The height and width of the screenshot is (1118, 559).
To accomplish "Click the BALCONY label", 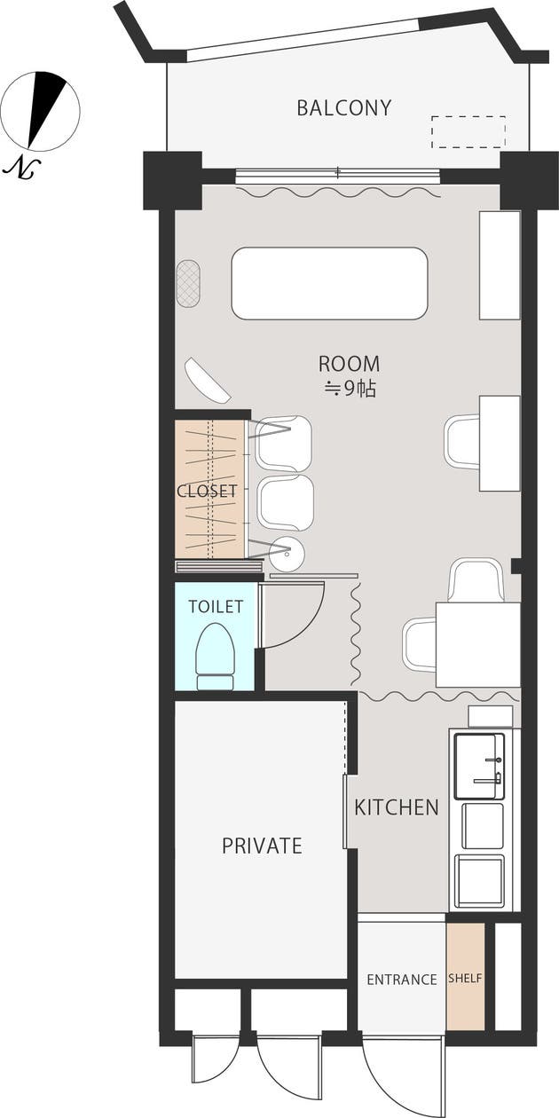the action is (x=344, y=108).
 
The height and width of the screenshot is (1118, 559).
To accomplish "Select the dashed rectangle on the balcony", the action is (x=468, y=132).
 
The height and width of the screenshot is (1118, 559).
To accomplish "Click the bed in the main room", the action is (x=329, y=283).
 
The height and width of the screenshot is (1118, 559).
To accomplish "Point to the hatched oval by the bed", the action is (x=188, y=284).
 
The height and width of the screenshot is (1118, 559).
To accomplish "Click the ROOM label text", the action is (x=349, y=364).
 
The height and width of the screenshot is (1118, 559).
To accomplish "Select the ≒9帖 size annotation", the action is (x=350, y=389).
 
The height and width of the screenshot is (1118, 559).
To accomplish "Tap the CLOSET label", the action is (x=207, y=492).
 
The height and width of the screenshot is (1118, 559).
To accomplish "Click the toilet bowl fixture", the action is (x=216, y=657).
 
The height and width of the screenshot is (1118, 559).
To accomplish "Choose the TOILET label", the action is (x=216, y=606).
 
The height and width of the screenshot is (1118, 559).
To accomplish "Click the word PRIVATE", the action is (x=262, y=846).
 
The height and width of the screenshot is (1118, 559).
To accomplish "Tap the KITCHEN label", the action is (x=397, y=807).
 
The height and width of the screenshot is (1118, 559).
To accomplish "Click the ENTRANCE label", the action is (x=402, y=980).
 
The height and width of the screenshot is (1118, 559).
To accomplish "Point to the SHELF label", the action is (x=465, y=978).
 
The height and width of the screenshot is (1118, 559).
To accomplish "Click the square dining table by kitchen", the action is (x=478, y=645).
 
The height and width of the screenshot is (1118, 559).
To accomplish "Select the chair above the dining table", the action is (x=476, y=581).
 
